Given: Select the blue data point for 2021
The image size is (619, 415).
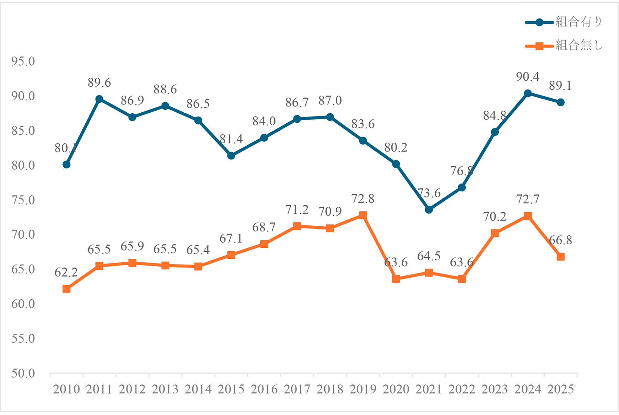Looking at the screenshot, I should (428, 210).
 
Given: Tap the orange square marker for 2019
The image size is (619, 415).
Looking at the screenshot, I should (363, 215).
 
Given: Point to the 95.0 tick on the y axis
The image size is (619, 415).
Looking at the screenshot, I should (23, 61).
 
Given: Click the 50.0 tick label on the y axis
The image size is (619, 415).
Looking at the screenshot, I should (23, 373).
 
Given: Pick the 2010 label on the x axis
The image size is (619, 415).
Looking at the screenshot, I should (66, 389).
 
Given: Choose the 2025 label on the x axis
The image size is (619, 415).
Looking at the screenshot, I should (561, 389).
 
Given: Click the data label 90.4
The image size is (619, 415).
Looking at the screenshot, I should (528, 77).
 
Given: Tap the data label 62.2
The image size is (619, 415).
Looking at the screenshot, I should (66, 272).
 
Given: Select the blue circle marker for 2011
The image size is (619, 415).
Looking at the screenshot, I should (99, 99).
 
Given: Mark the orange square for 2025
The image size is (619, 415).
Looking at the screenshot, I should (561, 257).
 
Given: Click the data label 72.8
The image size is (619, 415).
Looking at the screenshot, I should (363, 199).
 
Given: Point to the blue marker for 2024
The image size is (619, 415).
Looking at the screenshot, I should (528, 93).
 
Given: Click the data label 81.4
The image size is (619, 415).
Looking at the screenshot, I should (231, 139).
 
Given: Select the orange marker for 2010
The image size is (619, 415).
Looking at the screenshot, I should (66, 289).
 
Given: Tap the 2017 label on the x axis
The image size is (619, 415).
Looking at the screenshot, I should (297, 389).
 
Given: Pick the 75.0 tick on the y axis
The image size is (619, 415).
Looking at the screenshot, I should (23, 200).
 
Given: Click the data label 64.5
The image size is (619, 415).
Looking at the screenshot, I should (428, 256).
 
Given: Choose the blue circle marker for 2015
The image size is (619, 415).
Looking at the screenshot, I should (231, 156).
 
